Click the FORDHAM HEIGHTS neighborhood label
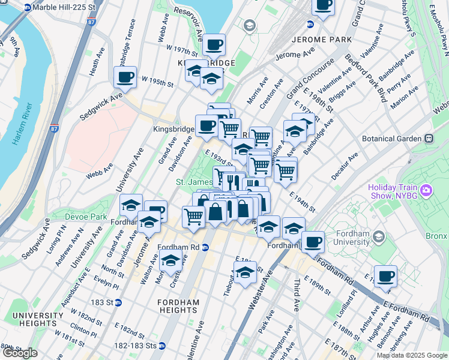[x=178, y=305]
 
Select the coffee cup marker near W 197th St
[x=214, y=45]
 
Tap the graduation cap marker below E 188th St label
[x=245, y=272]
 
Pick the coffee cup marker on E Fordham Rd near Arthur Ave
[x=385, y=277]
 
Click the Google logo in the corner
[x=20, y=353]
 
